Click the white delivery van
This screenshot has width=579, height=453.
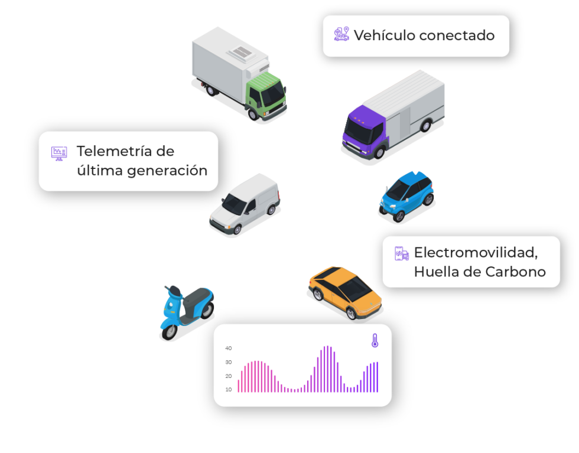coord(244,204)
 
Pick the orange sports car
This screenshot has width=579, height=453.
coord(346,292)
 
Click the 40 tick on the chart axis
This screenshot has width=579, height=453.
coord(229,348)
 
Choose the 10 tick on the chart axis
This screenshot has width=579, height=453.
coord(229,390)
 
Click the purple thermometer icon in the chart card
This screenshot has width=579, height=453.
coord(375,340)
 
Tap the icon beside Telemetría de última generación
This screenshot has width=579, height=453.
coord(58,154)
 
